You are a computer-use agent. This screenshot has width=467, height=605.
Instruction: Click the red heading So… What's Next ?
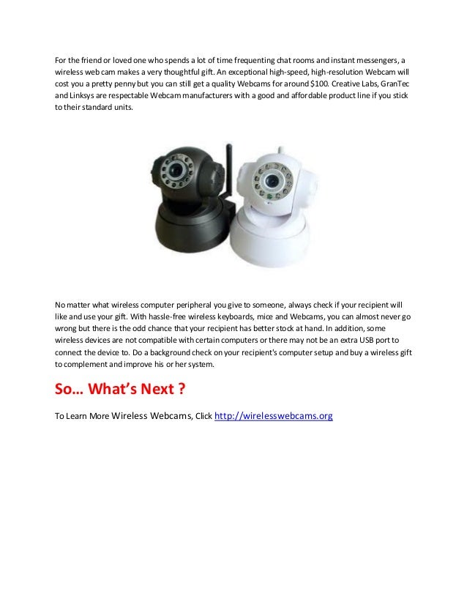click(x=119, y=388)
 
